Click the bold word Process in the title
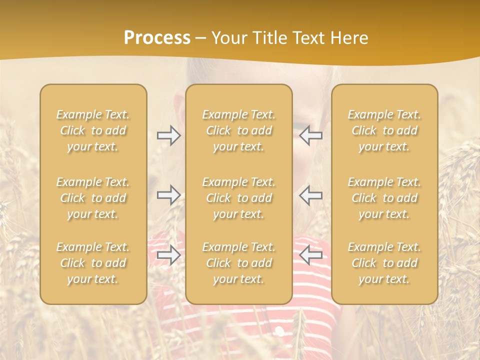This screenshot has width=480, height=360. coord(157,38)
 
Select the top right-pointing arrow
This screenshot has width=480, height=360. coord(168,135)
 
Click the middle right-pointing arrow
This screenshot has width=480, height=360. coord(168,194)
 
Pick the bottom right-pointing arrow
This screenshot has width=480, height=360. coord(168,255)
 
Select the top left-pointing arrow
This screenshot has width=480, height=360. coord(311,135)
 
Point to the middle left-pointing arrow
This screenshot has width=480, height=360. coord(311,194)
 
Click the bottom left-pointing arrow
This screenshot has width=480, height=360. coord(311,255)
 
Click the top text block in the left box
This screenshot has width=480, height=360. coord(93,130)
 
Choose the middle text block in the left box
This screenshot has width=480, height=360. coord(93,198)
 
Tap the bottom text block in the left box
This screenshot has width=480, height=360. coord(93,263)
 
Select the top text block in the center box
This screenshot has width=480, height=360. coord(238,130)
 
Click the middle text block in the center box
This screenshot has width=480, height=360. coord(238,198)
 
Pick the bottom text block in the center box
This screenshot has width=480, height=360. coord(238,263)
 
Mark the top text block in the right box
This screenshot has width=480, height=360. coord(384,130)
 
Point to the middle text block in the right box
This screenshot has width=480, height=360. coord(384,198)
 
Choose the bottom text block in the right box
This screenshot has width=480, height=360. coord(384,263)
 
